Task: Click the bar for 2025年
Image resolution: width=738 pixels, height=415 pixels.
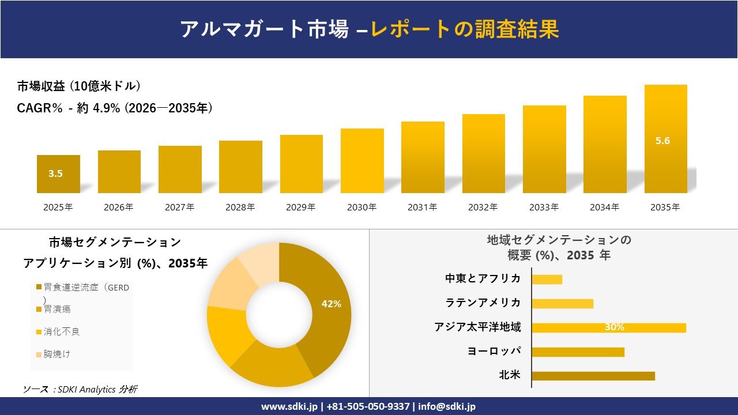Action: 58,174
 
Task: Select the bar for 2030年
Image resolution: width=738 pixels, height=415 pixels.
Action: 362,161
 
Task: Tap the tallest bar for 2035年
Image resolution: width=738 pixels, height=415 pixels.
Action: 665,139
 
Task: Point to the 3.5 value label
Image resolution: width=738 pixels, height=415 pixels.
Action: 55,173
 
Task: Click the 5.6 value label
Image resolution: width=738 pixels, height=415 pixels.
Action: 662,141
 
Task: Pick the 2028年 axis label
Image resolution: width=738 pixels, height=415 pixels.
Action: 240,207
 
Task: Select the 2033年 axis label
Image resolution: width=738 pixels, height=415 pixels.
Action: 544,207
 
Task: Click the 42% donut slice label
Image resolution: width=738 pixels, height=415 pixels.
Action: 331,304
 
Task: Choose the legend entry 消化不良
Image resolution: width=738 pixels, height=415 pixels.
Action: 61,332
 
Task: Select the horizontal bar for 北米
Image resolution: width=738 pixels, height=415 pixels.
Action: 593,376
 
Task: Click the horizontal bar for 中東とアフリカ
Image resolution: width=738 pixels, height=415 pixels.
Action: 547,280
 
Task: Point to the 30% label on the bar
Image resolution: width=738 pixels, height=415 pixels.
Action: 614,327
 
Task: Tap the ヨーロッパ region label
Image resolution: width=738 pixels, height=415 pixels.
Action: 494,352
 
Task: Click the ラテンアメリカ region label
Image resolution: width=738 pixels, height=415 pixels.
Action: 483,303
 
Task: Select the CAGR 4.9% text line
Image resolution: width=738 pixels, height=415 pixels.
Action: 115,108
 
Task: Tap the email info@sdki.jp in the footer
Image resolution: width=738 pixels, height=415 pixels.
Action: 447,406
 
